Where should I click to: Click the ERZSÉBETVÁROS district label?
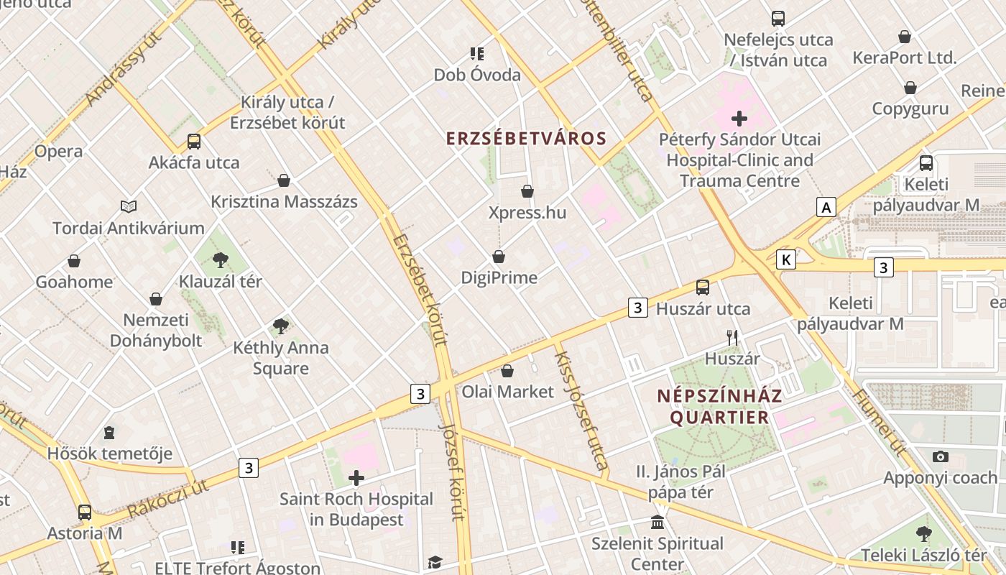(527, 139)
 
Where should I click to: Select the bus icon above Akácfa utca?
(194, 142)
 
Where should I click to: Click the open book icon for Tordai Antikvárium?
(129, 207)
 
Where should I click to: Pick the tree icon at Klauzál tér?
(221, 260)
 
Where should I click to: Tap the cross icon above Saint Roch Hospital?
(356, 478)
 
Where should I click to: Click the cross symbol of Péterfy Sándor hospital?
(739, 119)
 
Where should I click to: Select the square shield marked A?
(827, 208)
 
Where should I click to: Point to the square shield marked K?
(787, 259)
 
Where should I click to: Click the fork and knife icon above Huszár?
(732, 337)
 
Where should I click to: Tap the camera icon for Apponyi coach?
(940, 456)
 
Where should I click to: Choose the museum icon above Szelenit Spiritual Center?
(657, 523)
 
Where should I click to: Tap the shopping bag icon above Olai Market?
(507, 371)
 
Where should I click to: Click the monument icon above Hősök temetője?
(109, 433)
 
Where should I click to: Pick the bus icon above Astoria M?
(85, 512)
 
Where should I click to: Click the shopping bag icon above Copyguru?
(910, 88)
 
